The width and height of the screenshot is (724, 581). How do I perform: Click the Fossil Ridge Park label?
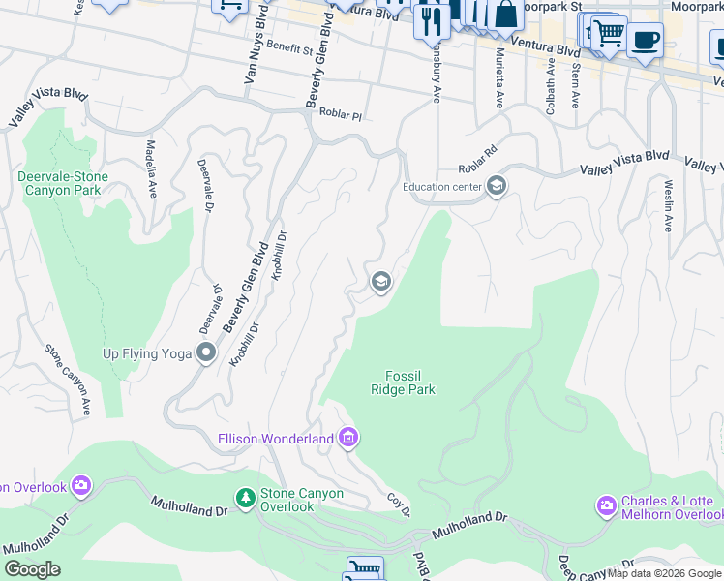click(403, 382)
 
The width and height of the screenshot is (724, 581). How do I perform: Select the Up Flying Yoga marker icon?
click(206, 353)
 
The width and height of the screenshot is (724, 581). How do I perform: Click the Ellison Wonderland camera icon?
click(348, 439)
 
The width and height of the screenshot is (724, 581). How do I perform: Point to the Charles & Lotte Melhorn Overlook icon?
click(607, 505)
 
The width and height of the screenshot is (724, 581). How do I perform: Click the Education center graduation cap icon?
click(497, 186)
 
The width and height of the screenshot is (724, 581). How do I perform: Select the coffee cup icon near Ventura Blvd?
click(645, 41)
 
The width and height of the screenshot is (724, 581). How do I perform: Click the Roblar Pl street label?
click(340, 115)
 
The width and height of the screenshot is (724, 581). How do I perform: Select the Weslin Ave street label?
click(668, 204)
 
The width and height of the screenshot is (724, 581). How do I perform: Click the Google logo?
click(32, 570)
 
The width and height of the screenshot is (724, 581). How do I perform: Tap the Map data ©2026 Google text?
click(664, 573)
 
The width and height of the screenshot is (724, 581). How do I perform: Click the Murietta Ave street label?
click(499, 77)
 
